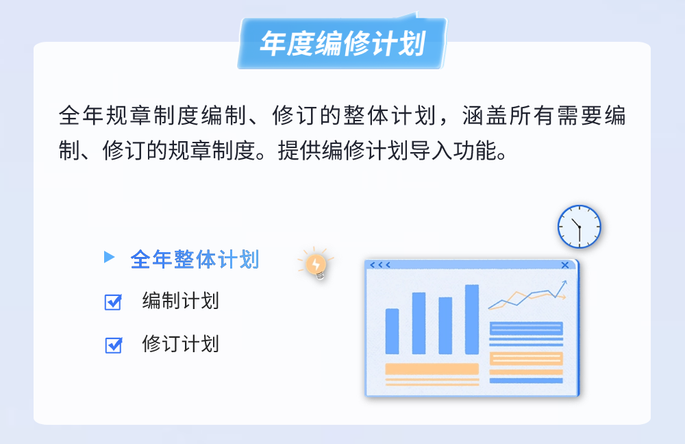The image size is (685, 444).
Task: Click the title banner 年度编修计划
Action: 342,44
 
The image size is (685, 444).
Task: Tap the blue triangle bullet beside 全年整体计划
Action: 108,257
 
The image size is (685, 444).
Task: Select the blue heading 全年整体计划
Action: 195,259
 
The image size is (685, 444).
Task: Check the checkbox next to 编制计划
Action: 113,302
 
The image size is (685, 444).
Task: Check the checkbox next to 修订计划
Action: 113,345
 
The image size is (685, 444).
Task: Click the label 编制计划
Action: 180,301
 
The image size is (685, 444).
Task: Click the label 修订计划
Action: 180,343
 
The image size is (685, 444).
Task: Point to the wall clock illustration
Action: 579,226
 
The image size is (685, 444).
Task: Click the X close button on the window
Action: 565,265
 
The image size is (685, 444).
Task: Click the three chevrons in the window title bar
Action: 380,265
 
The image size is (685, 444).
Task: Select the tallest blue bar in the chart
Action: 472,319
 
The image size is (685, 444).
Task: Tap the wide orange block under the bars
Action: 432,369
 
